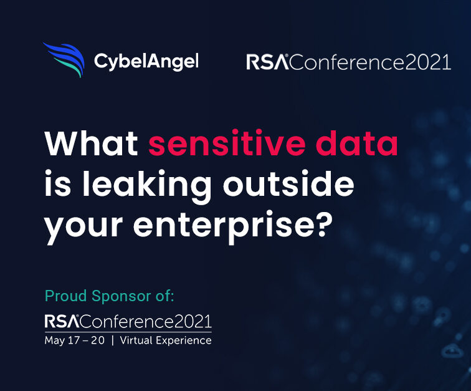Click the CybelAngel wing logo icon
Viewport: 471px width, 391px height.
pyautogui.click(x=64, y=59)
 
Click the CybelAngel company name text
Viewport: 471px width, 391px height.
pyautogui.click(x=146, y=62)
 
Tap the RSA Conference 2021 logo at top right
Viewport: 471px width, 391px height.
pyautogui.click(x=348, y=62)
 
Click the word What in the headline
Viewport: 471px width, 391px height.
pyautogui.click(x=92, y=143)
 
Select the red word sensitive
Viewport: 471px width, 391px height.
pyautogui.click(x=227, y=143)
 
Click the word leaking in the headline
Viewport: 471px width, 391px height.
pyautogui.click(x=146, y=185)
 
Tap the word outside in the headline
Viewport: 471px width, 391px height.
pyautogui.click(x=288, y=183)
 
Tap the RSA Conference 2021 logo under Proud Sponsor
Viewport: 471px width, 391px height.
pyautogui.click(x=128, y=321)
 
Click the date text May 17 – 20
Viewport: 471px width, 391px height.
pyautogui.click(x=75, y=340)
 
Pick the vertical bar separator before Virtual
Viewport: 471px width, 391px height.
pyautogui.click(x=113, y=340)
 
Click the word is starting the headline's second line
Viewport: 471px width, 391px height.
pyautogui.click(x=58, y=183)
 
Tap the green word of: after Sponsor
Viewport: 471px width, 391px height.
pyautogui.click(x=164, y=296)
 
